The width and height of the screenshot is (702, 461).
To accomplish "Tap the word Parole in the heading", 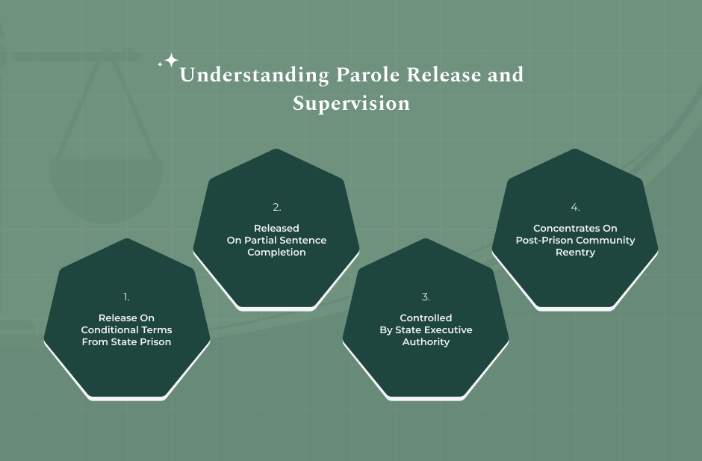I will [x=370, y=75].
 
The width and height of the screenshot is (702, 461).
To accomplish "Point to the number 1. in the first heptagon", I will [x=127, y=297].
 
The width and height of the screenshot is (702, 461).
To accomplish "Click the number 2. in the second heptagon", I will [x=276, y=207].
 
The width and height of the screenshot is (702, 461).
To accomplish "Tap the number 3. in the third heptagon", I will [x=426, y=297].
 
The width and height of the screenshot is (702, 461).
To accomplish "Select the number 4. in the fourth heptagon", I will [x=575, y=207].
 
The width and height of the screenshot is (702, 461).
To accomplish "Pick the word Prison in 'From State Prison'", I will [x=155, y=342].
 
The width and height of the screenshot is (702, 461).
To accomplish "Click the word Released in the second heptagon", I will [x=276, y=229].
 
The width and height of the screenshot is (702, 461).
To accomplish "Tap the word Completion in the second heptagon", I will [x=276, y=253].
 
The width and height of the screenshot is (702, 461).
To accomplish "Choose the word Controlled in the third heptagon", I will [x=426, y=318].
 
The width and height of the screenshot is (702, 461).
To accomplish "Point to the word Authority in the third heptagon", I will [x=426, y=342].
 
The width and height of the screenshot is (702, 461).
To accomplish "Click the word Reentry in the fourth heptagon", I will [x=575, y=253].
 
